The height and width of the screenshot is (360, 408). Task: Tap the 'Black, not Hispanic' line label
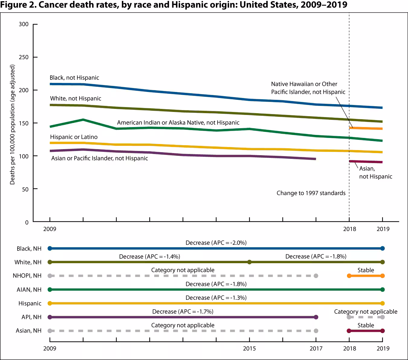74,78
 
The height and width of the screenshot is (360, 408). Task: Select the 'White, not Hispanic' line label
76,99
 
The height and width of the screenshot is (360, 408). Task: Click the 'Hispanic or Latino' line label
74,137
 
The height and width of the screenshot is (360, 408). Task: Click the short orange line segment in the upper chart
366,128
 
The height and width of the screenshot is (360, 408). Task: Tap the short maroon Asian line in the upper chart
366,162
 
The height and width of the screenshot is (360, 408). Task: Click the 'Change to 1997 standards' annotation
311,193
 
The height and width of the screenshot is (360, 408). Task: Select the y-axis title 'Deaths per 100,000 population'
12,124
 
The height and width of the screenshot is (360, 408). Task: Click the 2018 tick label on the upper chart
349,229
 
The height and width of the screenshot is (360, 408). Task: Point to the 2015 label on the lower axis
249,349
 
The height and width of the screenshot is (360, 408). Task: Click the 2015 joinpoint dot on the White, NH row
249,262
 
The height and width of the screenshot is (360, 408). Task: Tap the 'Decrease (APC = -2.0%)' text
216,243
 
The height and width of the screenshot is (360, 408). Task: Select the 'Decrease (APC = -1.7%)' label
183,311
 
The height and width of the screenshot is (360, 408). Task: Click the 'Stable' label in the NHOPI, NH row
366,270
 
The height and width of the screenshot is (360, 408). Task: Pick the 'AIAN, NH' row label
29,290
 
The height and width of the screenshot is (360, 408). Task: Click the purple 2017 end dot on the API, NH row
316,317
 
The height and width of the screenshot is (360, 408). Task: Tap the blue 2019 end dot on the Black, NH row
383,248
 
